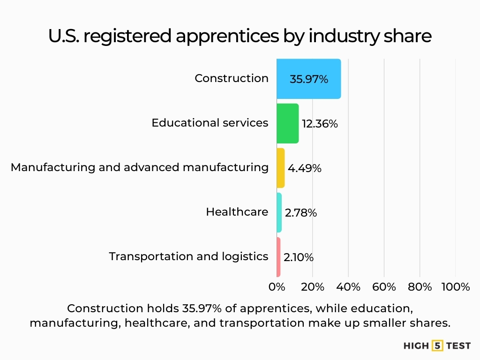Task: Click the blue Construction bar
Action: click(308, 79)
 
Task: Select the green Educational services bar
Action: click(287, 123)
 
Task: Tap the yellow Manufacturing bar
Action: click(280, 168)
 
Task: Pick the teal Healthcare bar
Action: click(279, 212)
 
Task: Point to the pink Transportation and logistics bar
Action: click(278, 257)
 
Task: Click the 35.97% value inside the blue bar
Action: click(308, 79)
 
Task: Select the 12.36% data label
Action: click(320, 124)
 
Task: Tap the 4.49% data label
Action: click(305, 168)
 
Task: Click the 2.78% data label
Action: click(301, 213)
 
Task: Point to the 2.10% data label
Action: click(299, 257)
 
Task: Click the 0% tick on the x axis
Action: click(277, 287)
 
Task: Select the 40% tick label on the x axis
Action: click(348, 287)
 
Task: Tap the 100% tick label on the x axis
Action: click(456, 287)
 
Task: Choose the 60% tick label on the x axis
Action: click(384, 287)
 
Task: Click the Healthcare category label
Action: click(237, 212)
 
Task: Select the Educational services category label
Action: click(210, 123)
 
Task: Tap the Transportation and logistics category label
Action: click(188, 256)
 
